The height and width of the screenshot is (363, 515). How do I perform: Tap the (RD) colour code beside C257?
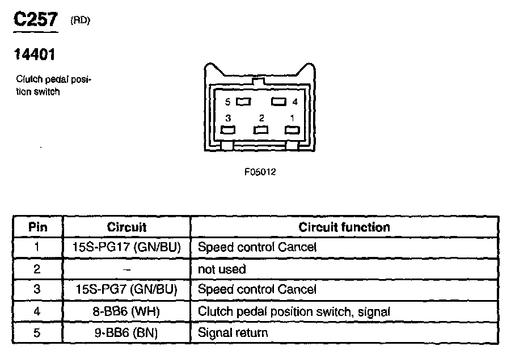(x=80, y=20)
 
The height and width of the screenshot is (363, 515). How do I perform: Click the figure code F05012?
(x=260, y=171)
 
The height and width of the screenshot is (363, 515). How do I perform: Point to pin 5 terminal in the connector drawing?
(x=243, y=102)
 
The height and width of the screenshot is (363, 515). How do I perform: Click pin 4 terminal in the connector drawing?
(x=278, y=102)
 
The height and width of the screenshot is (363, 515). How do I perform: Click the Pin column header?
(x=38, y=227)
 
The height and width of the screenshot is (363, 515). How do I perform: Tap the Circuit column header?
(x=126, y=227)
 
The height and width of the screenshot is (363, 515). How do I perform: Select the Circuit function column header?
(x=344, y=227)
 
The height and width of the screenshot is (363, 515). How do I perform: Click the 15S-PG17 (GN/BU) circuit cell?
(x=126, y=247)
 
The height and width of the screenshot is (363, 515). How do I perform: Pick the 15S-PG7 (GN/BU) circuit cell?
(x=126, y=289)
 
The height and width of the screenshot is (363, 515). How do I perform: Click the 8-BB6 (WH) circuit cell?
(x=126, y=311)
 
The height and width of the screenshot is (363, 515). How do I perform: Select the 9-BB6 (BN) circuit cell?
(x=126, y=332)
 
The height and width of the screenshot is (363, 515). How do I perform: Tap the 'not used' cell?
(x=222, y=268)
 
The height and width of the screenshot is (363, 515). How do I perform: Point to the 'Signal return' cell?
(x=233, y=332)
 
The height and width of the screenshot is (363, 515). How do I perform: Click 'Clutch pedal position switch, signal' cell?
(x=294, y=311)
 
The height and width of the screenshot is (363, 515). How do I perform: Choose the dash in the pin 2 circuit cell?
(x=126, y=268)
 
